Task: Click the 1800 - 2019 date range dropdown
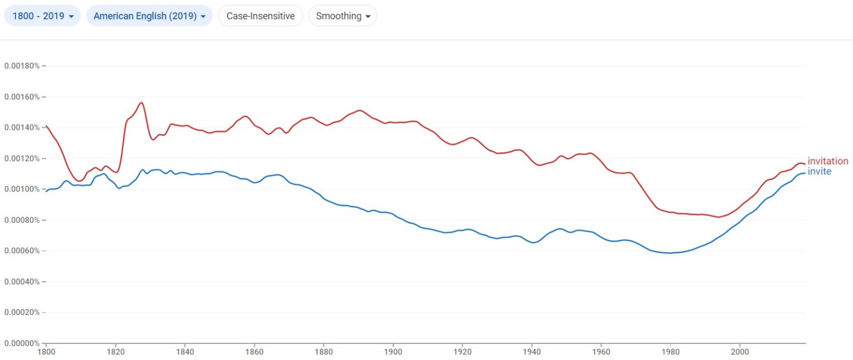point(43,16)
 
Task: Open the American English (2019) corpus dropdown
point(149,16)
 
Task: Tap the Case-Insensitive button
point(260,16)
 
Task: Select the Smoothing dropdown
point(343,16)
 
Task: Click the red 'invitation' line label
point(827,162)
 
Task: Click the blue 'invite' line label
point(819,172)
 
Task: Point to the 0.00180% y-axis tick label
point(22,66)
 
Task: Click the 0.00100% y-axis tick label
point(22,189)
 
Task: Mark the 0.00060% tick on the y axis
point(22,251)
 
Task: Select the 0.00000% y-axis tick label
point(22,343)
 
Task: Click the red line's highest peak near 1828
point(142,103)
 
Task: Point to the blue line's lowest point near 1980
point(670,253)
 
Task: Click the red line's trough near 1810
point(79,181)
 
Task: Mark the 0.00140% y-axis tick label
point(22,128)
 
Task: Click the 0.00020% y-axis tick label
point(22,313)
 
